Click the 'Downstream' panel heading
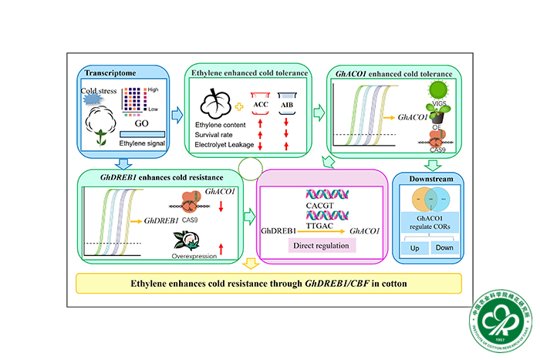pyautogui.click(x=431, y=179)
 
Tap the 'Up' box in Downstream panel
pyautogui.click(x=415, y=248)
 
